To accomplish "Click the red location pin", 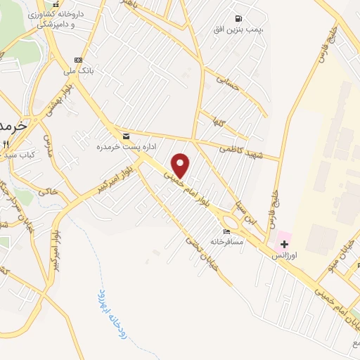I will coord(181,165).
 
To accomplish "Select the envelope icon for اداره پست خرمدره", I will coord(126,136).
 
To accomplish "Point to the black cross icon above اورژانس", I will coord(284,243).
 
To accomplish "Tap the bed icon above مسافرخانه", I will coord(226,232).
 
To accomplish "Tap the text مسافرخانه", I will coord(226,242).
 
